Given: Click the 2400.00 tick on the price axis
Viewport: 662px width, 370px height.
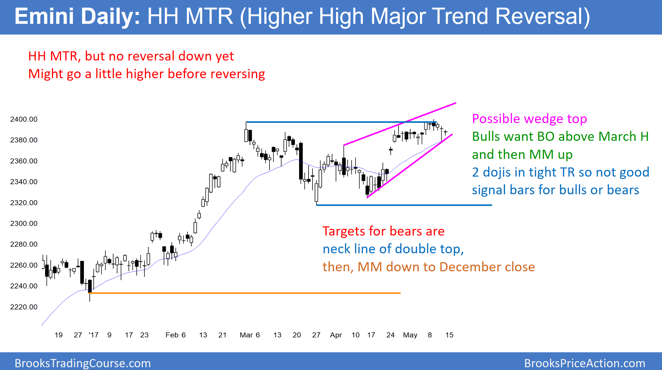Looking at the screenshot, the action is pyautogui.click(x=24, y=119).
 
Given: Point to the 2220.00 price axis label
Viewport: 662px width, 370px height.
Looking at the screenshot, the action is pyautogui.click(x=24, y=307).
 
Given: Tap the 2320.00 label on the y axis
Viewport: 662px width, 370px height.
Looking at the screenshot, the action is pyautogui.click(x=24, y=203).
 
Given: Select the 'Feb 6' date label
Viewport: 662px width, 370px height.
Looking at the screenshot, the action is pyautogui.click(x=175, y=335).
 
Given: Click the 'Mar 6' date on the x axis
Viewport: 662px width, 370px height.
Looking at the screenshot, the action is pyautogui.click(x=250, y=335).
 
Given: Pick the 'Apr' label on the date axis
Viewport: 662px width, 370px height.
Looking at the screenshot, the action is pyautogui.click(x=336, y=335).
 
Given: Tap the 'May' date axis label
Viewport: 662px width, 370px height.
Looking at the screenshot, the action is pyautogui.click(x=410, y=335).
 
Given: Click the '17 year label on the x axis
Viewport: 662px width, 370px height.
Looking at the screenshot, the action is pyautogui.click(x=93, y=335).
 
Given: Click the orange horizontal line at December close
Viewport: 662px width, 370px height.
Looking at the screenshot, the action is pyautogui.click(x=244, y=293).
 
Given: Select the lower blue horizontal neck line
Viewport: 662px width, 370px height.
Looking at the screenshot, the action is pyautogui.click(x=404, y=205).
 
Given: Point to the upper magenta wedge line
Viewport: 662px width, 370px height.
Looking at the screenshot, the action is pyautogui.click(x=400, y=124).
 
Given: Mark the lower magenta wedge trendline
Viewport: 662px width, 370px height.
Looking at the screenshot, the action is pyautogui.click(x=410, y=166).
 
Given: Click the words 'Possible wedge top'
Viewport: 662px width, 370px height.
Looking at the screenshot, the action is pyautogui.click(x=530, y=119).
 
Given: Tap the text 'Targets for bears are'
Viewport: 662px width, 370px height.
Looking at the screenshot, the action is pyautogui.click(x=384, y=231).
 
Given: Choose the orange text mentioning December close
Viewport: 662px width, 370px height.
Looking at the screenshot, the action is pyautogui.click(x=429, y=267).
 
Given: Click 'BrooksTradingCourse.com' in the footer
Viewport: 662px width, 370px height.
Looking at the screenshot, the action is pyautogui.click(x=83, y=363).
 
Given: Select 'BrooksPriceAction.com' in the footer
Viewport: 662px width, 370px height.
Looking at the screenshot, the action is pyautogui.click(x=585, y=363).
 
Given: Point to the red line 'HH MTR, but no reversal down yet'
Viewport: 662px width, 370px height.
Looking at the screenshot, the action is pyautogui.click(x=131, y=56).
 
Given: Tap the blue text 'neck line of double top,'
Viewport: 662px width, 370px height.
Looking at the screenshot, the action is pyautogui.click(x=393, y=249).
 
